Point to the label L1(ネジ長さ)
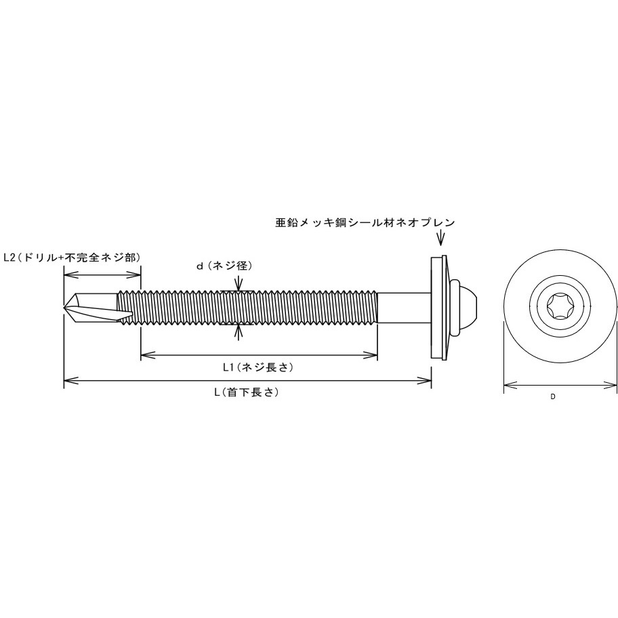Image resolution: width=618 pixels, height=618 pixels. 257,367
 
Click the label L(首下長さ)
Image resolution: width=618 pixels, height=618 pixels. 247,392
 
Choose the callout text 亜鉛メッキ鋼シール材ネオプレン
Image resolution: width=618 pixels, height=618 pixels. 365,222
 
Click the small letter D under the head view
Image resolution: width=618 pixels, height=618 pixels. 552,397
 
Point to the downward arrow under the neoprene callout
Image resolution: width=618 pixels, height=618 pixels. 441,239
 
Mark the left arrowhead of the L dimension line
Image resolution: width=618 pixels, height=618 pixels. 68,382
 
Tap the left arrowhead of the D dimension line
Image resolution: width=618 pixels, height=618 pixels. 508,388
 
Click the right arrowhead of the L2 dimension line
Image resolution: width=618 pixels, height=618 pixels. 137,275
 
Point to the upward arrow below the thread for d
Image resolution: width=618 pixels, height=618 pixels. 236,331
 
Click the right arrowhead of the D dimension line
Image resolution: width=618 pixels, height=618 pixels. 613,388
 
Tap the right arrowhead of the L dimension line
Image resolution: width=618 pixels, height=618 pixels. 428,382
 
